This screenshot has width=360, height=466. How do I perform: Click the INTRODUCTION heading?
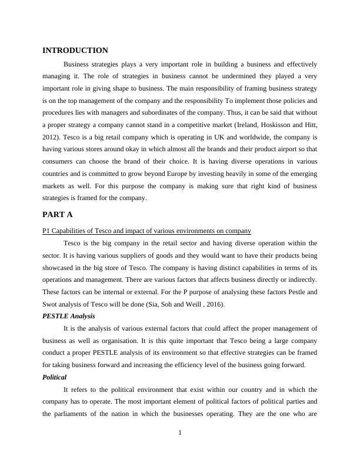coord(75,51)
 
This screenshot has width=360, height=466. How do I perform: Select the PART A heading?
coord(57,214)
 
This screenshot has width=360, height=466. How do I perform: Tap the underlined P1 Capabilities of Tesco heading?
coord(147,231)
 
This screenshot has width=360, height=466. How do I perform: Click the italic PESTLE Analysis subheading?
coord(69,316)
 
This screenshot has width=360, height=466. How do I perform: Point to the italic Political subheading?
coord(55,377)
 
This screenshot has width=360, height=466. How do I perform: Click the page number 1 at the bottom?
coord(180,434)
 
